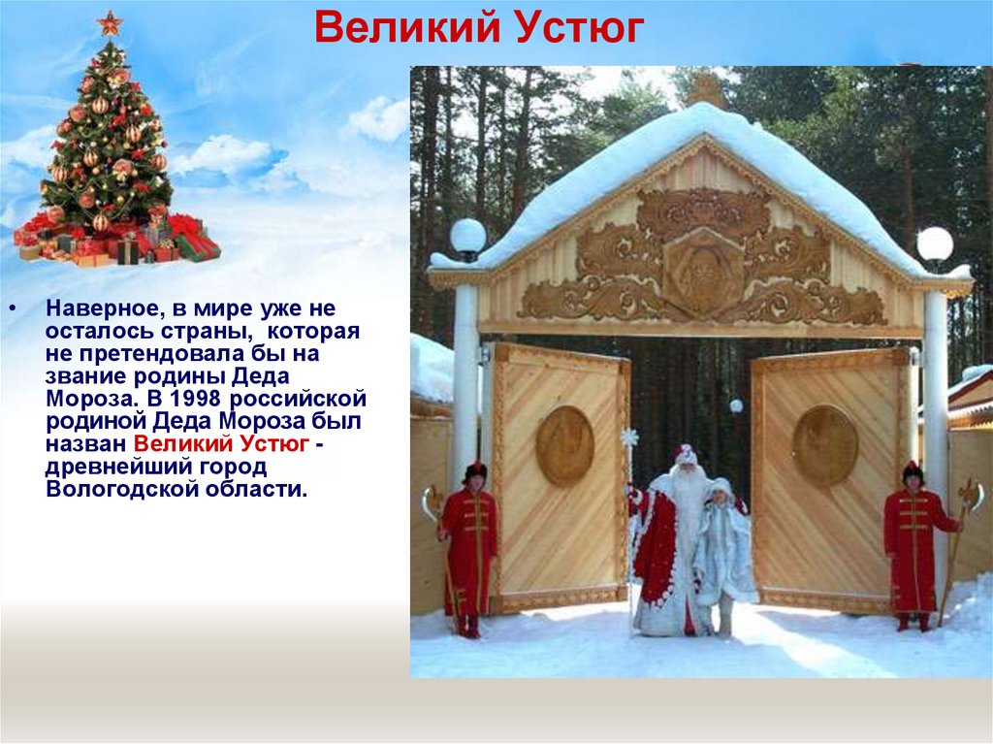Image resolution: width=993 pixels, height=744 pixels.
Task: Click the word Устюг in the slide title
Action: (582, 29)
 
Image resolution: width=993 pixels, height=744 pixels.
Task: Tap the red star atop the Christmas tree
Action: (110, 22)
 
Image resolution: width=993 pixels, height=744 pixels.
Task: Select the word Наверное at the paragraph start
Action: (101, 309)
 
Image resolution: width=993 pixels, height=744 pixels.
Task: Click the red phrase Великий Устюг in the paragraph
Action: (221, 443)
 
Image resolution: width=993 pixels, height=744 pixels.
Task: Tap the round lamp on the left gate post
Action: (467, 236)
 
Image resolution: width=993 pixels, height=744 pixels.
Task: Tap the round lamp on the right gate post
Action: (935, 243)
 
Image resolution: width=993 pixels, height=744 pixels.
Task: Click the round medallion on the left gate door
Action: (564, 445)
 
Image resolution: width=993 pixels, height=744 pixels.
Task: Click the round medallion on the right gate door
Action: (824, 445)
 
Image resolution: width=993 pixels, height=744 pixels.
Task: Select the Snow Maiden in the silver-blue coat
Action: (722, 553)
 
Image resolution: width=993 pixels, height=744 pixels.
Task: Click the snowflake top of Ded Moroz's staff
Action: (629, 438)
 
